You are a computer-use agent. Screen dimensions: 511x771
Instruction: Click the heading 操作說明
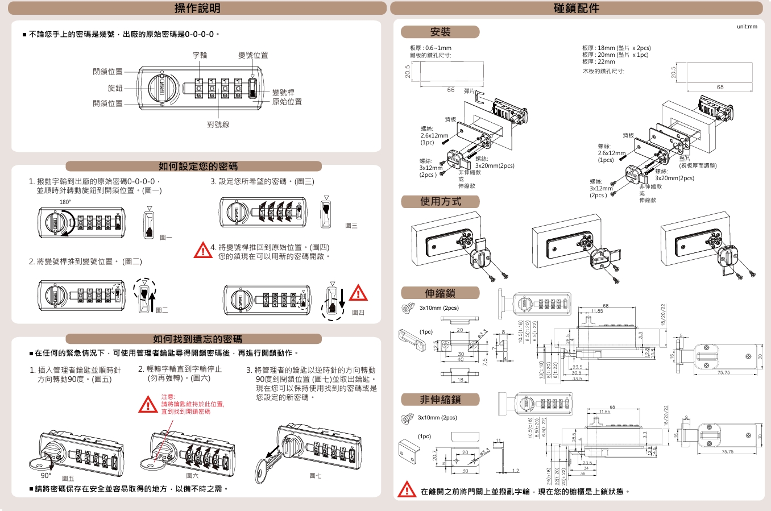click(197, 9)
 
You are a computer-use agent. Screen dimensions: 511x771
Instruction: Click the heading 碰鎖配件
click(576, 9)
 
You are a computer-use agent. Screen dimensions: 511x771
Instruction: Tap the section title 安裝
click(440, 32)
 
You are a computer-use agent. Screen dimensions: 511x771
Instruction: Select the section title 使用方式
click(440, 201)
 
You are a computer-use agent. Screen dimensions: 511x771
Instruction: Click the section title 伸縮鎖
click(440, 293)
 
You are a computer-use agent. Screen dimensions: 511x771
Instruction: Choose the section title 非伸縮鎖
click(440, 400)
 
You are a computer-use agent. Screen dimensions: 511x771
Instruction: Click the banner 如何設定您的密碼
click(197, 166)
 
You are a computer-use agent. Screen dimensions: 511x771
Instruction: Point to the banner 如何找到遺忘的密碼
click(197, 339)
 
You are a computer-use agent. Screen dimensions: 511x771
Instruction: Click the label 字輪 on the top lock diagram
click(200, 55)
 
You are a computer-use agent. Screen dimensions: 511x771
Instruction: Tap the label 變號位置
click(253, 55)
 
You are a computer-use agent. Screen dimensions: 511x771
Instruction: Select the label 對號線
click(218, 124)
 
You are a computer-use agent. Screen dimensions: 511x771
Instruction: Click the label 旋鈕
click(115, 88)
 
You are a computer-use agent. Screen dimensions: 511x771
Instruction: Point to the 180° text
click(65, 202)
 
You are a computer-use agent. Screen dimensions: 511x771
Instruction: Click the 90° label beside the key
click(46, 476)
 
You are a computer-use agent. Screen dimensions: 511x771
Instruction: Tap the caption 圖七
click(315, 475)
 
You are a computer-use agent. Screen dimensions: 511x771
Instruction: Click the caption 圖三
click(351, 226)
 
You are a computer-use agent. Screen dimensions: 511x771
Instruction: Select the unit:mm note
click(747, 26)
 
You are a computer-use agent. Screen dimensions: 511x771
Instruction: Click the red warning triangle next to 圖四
click(358, 293)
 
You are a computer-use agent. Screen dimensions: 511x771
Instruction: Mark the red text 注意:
click(168, 397)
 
